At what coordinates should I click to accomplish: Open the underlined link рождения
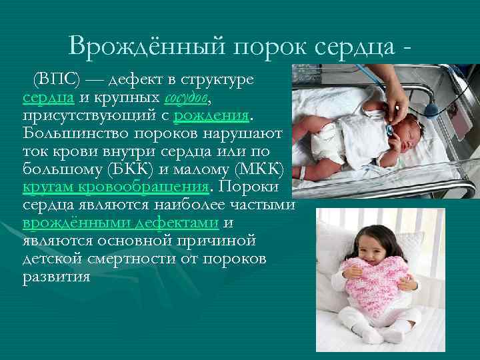(211, 117)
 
